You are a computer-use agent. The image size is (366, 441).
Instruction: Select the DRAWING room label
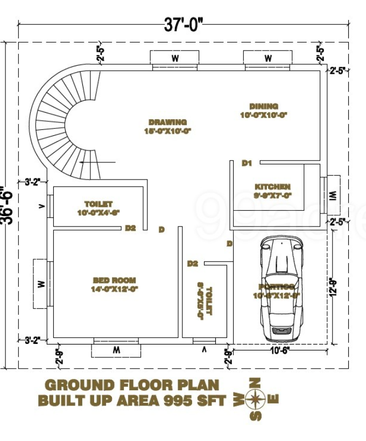pos(168,122)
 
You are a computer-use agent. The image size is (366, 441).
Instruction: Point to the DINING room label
pos(264,106)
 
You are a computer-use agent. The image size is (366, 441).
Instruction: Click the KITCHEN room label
pos(273,187)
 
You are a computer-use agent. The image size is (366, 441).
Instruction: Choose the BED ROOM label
pos(115,280)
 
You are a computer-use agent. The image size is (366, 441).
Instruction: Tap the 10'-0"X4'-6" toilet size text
pos(98,212)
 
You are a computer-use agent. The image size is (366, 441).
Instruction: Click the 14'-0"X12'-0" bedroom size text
pos(115,288)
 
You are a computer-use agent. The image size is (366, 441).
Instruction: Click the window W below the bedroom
pos(116,350)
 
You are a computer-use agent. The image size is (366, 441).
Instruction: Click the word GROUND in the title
pos(80,385)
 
